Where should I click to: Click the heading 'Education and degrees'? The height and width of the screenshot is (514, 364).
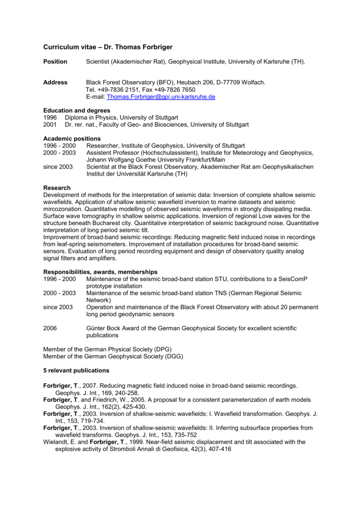coord(76,110)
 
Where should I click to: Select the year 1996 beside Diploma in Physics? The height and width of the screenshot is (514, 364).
coord(50,117)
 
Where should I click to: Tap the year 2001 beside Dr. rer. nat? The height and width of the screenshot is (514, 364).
coord(50,124)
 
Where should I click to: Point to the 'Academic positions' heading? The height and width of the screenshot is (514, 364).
coord(72,139)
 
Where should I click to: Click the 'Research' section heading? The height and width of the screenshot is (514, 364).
coord(57,188)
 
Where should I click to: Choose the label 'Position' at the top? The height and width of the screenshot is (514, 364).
coord(55,61)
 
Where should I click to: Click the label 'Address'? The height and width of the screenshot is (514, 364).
coord(55,82)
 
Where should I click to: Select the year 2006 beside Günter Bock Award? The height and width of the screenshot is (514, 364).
coord(50,328)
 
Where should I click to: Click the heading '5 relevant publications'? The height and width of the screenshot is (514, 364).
coord(76,370)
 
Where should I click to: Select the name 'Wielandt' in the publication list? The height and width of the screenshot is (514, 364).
coord(56,442)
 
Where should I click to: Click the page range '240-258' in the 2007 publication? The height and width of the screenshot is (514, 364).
coord(122,393)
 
